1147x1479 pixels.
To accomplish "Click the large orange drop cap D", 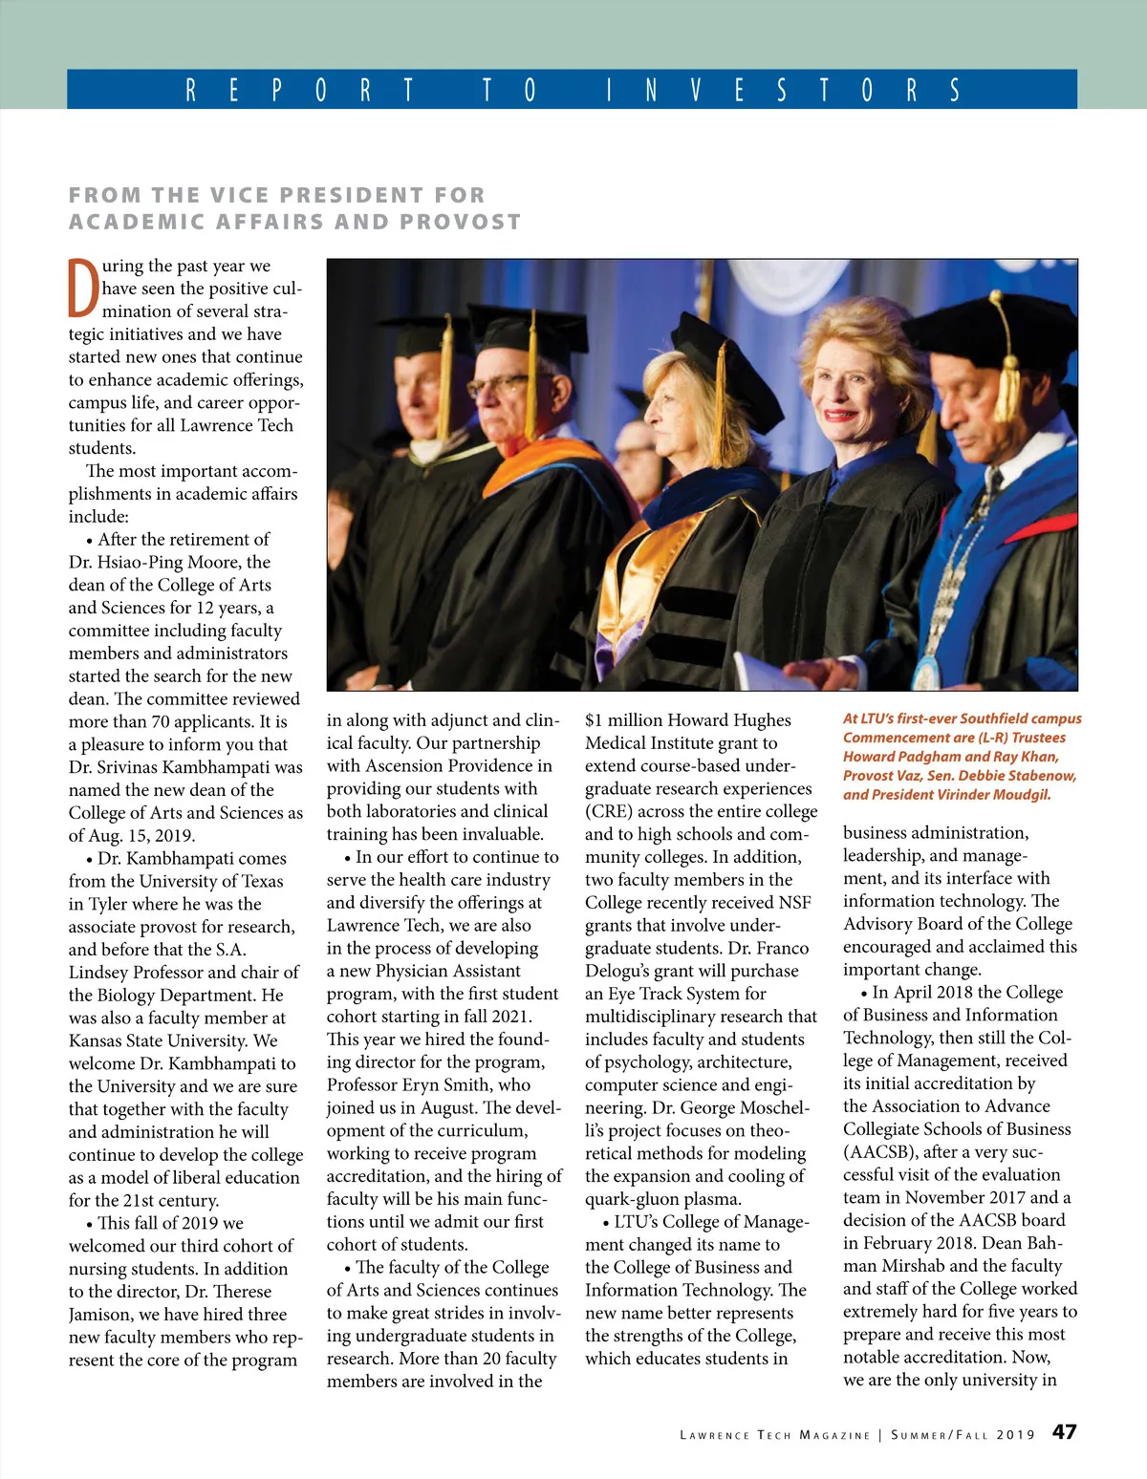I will tap(83, 288).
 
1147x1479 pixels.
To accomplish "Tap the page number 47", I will tap(1064, 1432).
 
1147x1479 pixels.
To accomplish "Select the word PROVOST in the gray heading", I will tap(461, 223).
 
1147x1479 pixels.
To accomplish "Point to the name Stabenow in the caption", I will tap(1040, 776).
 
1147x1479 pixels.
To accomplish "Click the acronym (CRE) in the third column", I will tap(609, 812).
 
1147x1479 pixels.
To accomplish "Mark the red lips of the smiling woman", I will tap(839, 414).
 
